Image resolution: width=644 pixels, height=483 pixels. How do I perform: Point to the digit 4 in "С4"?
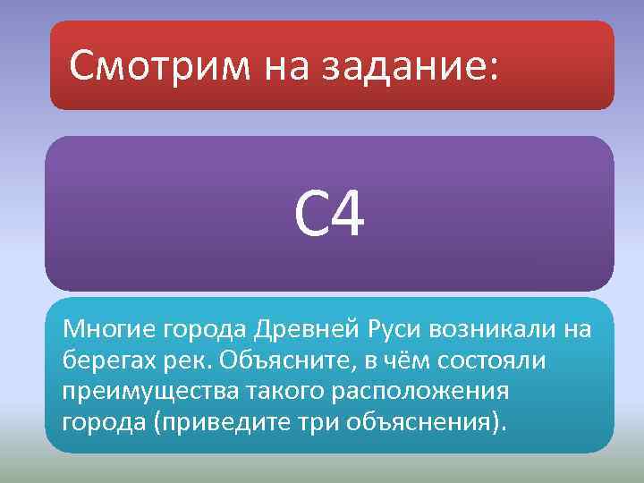click(x=347, y=215)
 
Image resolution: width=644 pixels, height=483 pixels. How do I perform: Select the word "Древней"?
click(x=306, y=331)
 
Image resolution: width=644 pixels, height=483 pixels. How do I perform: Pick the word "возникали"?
click(x=496, y=331)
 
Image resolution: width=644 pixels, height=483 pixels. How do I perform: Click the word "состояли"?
click(x=482, y=362)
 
